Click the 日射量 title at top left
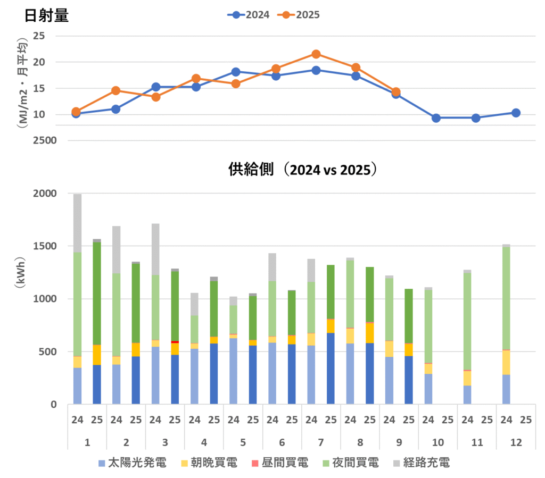[47, 16]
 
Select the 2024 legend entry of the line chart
[249, 15]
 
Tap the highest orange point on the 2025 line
[316, 54]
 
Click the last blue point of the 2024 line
[516, 113]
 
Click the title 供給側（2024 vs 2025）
[303, 170]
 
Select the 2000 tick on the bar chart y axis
[45, 194]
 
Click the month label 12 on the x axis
[516, 442]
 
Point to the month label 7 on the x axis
[321, 442]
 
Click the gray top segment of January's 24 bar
[78, 223]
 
